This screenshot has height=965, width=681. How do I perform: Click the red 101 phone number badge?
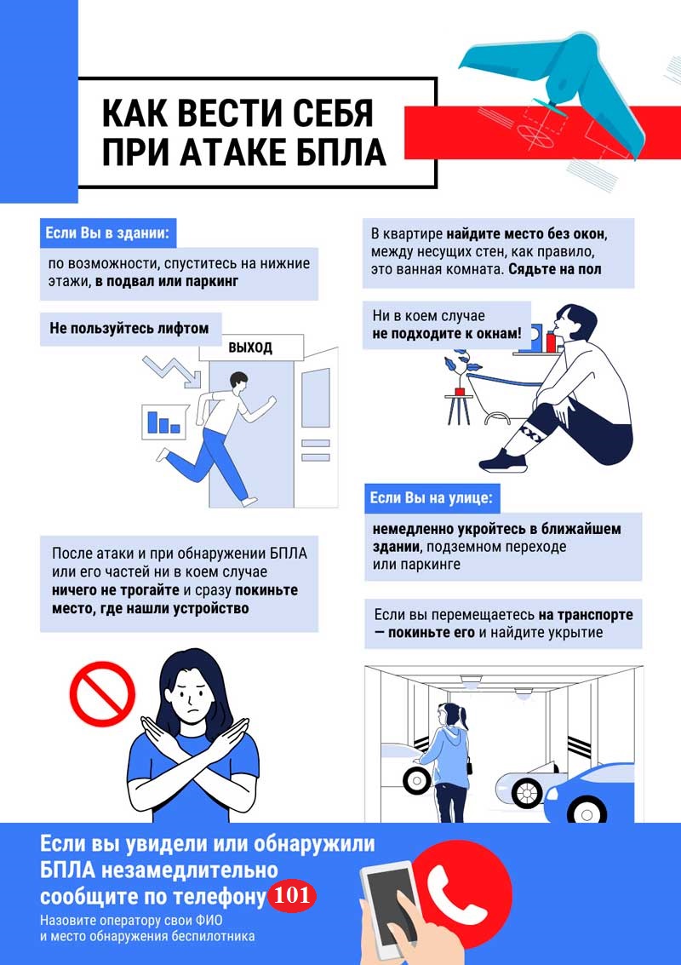pyautogui.click(x=292, y=894)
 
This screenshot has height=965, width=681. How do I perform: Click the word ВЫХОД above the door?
pyautogui.click(x=250, y=348)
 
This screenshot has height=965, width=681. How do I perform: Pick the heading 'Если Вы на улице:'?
pyautogui.click(x=431, y=497)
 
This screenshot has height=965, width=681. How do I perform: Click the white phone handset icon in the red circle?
pyautogui.click(x=457, y=893)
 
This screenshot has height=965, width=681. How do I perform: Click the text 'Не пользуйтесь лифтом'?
pyautogui.click(x=129, y=328)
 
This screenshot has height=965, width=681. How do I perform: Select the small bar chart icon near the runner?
pyautogui.click(x=163, y=422)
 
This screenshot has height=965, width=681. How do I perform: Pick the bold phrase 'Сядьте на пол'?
pyautogui.click(x=555, y=269)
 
